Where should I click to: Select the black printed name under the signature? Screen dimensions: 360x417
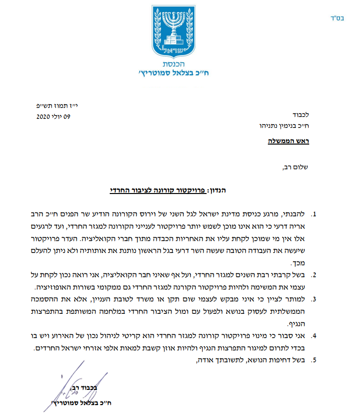(76, 403)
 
